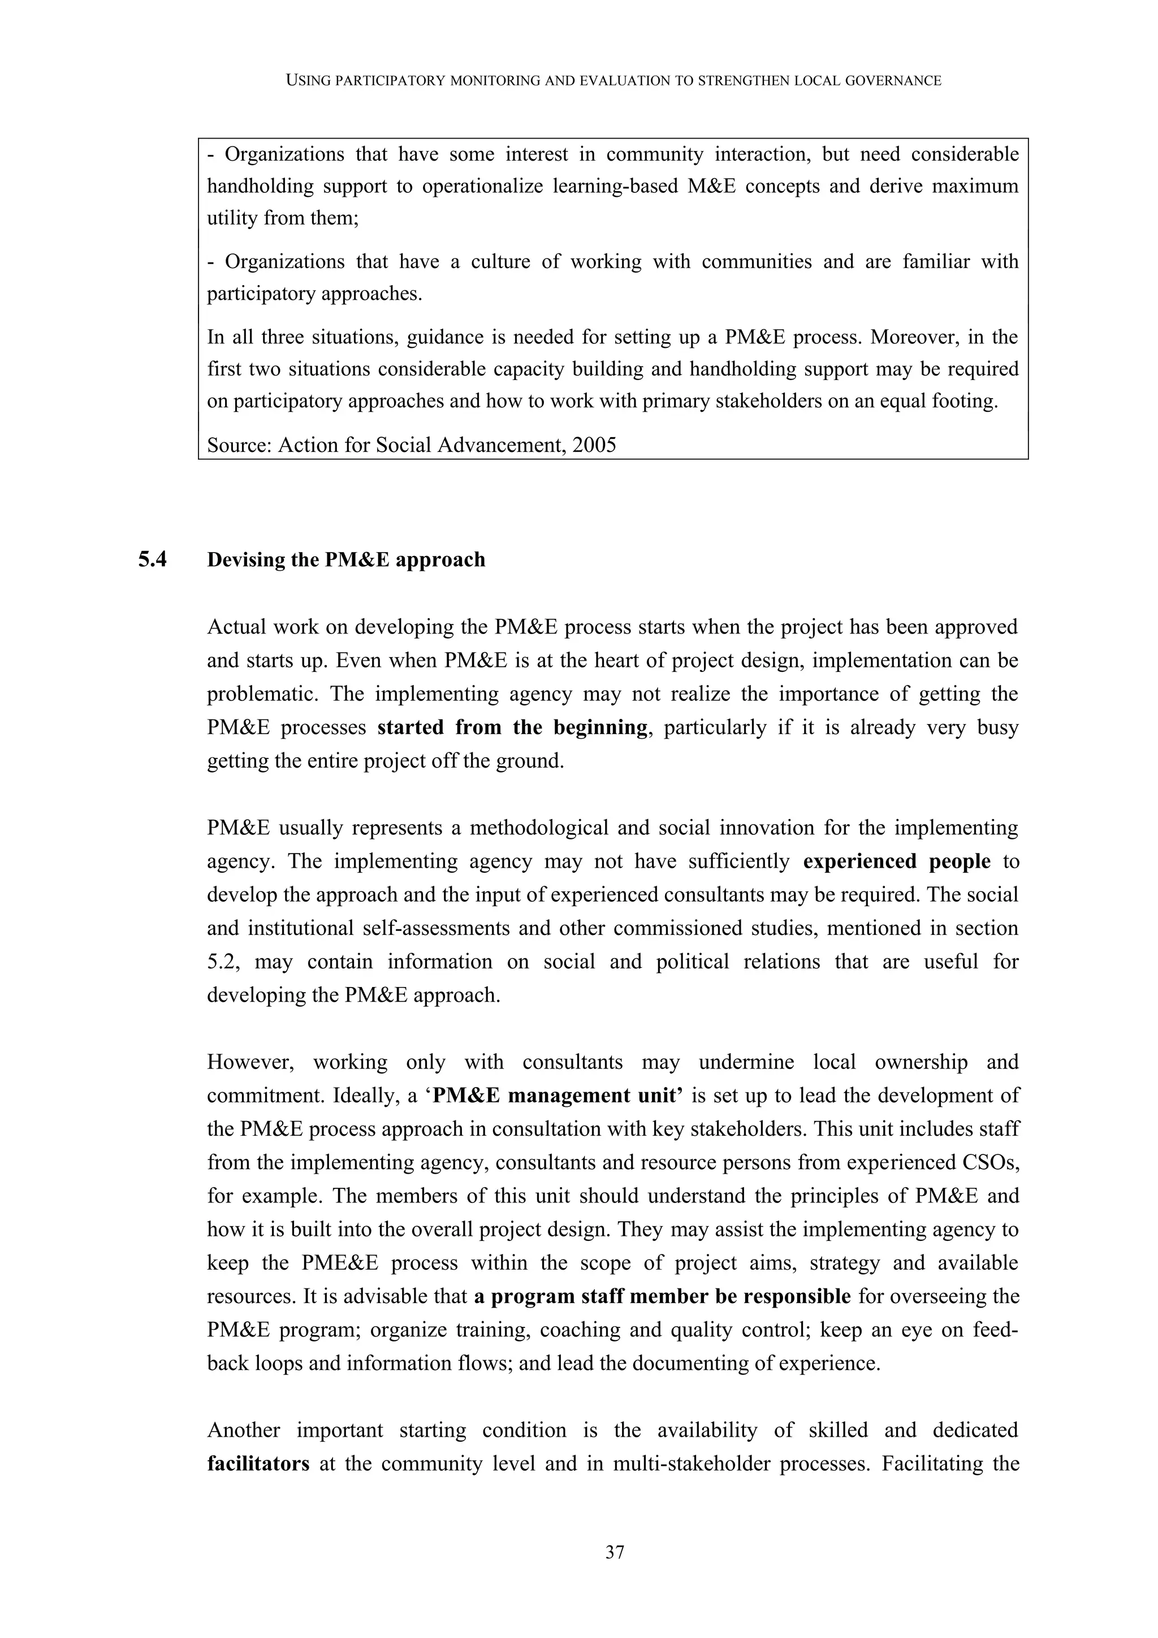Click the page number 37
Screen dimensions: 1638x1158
tap(615, 1551)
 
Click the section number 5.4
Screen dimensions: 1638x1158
tap(153, 560)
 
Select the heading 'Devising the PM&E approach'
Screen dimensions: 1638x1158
tap(346, 560)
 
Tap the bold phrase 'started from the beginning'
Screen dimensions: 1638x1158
tap(512, 728)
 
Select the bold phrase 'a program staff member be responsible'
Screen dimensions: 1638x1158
tap(662, 1296)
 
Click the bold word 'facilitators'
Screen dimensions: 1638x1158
tap(258, 1464)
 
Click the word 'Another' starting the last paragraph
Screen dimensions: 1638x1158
tap(243, 1430)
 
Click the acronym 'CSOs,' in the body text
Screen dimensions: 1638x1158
tap(992, 1163)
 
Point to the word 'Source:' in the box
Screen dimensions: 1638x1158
tap(239, 445)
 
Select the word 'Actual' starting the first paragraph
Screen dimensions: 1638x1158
tap(240, 627)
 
